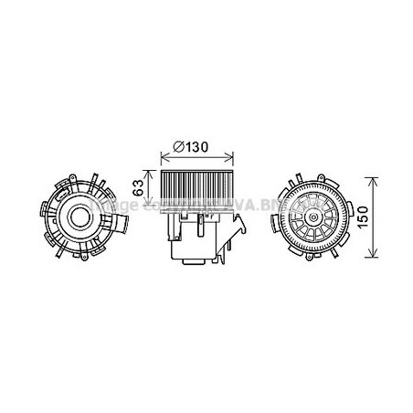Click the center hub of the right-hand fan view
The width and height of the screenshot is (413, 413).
(x=315, y=220)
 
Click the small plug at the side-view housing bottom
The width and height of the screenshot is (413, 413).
(x=193, y=265)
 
